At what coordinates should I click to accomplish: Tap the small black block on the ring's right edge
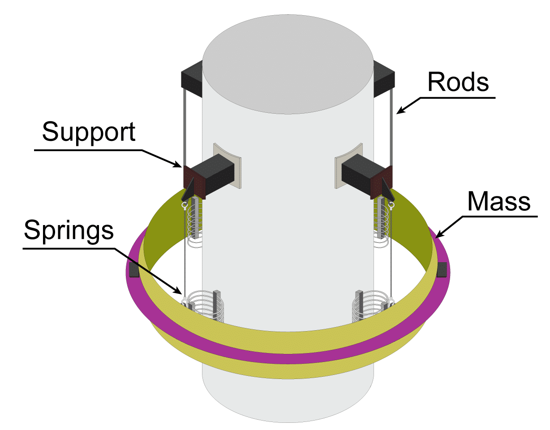[x=442, y=270]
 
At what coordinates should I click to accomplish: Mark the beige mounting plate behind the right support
[x=345, y=166]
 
